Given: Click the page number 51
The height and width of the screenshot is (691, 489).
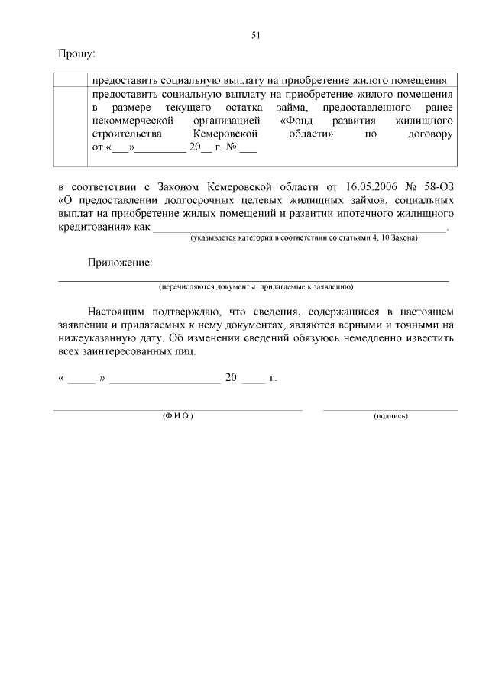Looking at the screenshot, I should [256, 34].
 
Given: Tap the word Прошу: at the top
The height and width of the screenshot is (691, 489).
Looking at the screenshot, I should [76, 53].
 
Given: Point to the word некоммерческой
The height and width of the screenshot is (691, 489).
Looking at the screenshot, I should [134, 121].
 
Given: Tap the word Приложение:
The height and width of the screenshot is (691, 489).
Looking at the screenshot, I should [120, 263].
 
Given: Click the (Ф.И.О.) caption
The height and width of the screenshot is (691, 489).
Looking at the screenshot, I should [177, 416].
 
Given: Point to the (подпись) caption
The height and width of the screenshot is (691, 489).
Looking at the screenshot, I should [390, 416].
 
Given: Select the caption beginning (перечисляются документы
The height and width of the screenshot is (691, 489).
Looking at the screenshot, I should [255, 287].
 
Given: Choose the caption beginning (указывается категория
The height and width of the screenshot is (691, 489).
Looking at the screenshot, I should [303, 238].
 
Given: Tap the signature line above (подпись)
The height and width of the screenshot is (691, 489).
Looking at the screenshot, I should [390, 410].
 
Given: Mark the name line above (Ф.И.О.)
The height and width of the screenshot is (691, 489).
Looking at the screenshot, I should [177, 410].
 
